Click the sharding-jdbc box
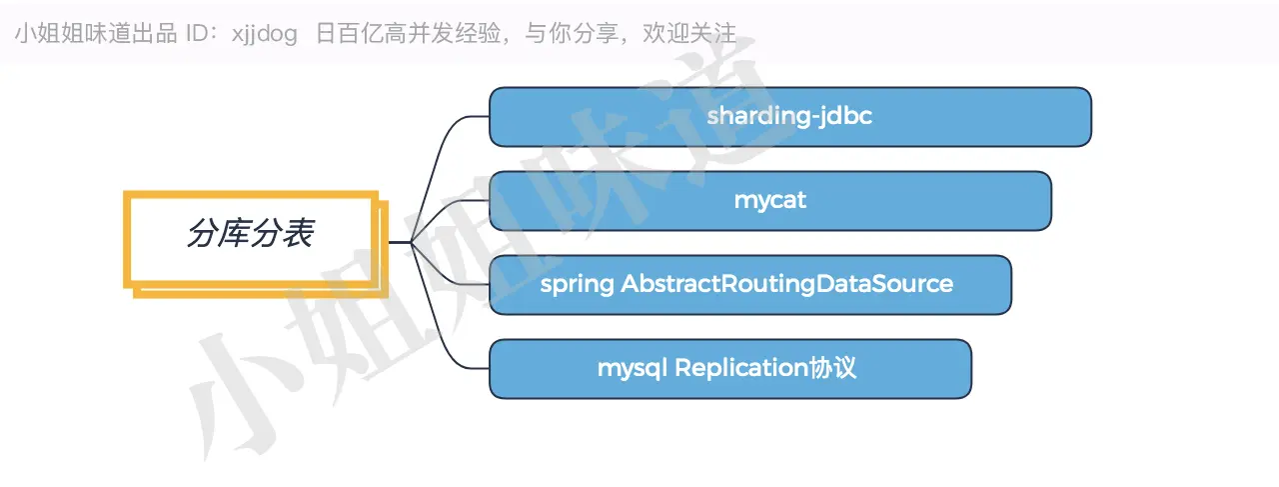[x=790, y=117]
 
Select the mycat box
[x=770, y=201]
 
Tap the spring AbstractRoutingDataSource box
[x=750, y=285]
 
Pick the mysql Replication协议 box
[x=730, y=369]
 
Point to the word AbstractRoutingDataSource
[x=786, y=284]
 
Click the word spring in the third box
[x=577, y=285]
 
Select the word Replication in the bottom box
[x=741, y=368]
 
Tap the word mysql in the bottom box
[x=633, y=369]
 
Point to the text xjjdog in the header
[x=265, y=34]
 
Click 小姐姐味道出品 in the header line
[x=96, y=34]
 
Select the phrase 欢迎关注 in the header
[x=689, y=33]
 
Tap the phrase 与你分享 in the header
[x=572, y=33]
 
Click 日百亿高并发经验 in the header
[x=408, y=33]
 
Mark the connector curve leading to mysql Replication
[x=440, y=320]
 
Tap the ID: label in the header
[x=202, y=34]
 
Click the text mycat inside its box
[x=770, y=201]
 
